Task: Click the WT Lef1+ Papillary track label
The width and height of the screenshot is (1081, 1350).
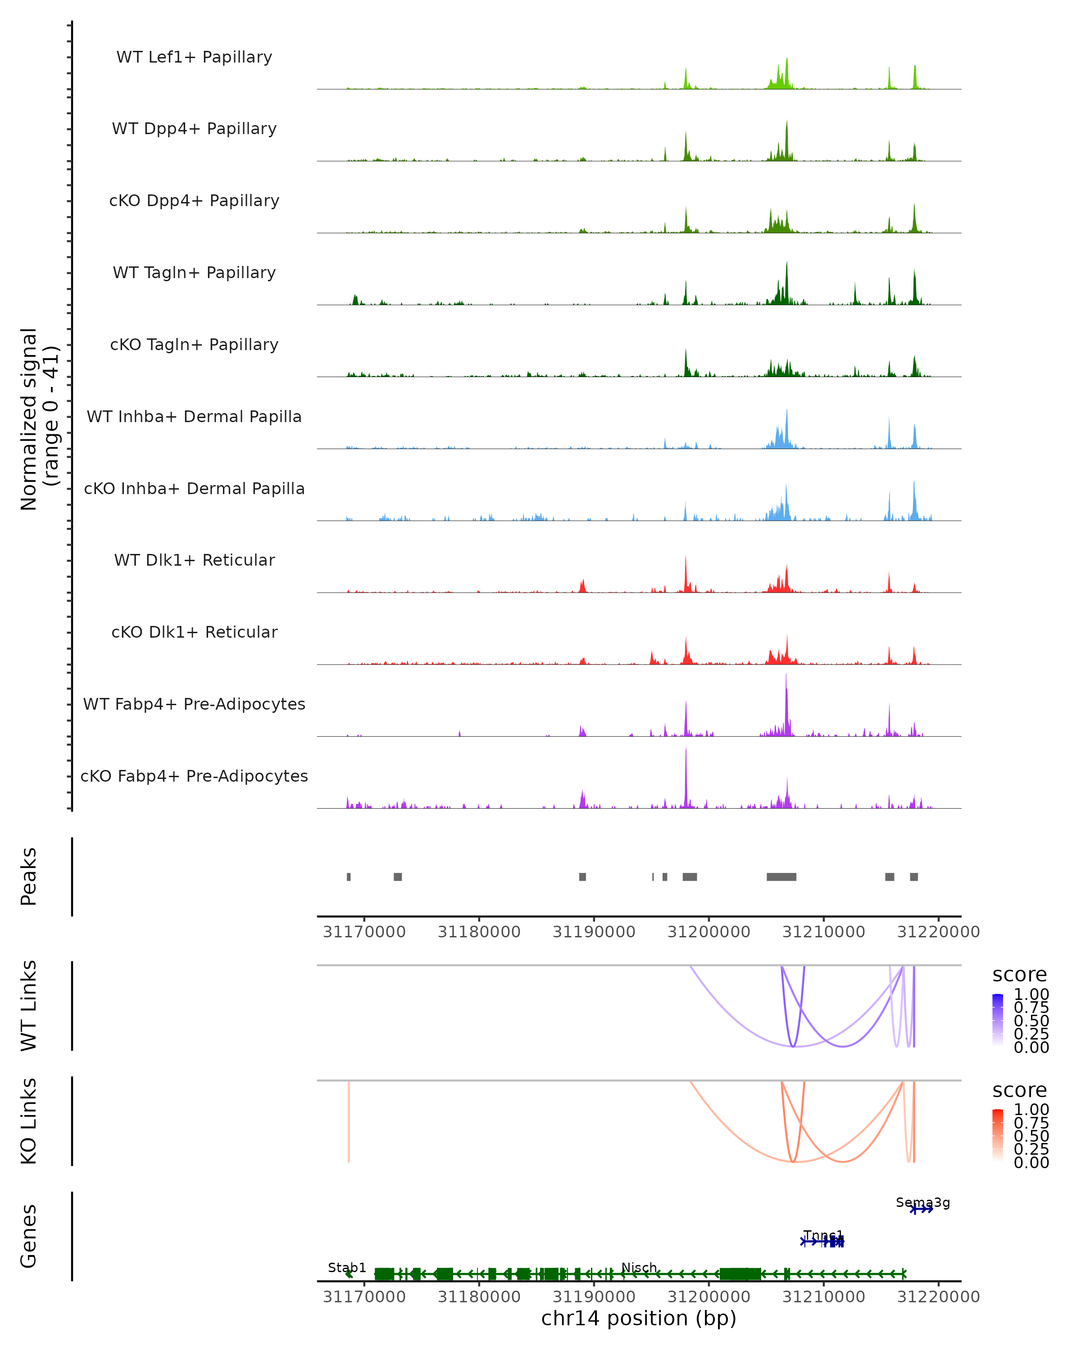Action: coord(194,57)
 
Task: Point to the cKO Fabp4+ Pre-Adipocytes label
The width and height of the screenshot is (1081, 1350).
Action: coord(194,776)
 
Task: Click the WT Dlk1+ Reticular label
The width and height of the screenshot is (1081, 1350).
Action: coord(194,560)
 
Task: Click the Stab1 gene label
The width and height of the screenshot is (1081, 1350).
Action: coord(346,1267)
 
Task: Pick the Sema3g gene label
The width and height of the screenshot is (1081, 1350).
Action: coord(922,1202)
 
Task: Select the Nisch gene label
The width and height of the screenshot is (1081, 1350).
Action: coord(639,1267)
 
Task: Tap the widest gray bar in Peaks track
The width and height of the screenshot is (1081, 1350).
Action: coord(781,877)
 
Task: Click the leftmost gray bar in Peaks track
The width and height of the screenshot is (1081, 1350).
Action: coord(349,877)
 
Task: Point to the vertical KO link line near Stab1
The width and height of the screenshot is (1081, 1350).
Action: coord(349,1121)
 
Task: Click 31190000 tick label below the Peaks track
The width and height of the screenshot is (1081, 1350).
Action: coord(594,932)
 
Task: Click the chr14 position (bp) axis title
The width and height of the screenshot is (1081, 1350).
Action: coord(639,1318)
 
